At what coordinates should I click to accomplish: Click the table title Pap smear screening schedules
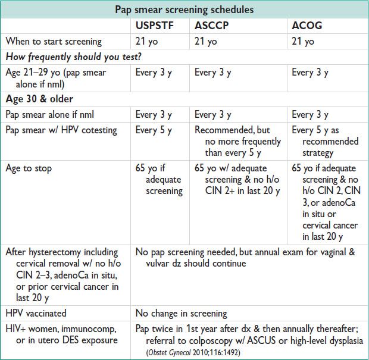184,10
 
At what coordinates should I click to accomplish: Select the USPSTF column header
154,26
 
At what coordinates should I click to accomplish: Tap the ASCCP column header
213,26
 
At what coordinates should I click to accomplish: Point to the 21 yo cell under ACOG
302,41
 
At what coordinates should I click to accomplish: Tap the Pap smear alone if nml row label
55,114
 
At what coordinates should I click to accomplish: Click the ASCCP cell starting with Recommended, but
237,142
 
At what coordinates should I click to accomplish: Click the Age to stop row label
29,168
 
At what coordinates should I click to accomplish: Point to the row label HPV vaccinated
36,312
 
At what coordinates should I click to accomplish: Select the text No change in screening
182,312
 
